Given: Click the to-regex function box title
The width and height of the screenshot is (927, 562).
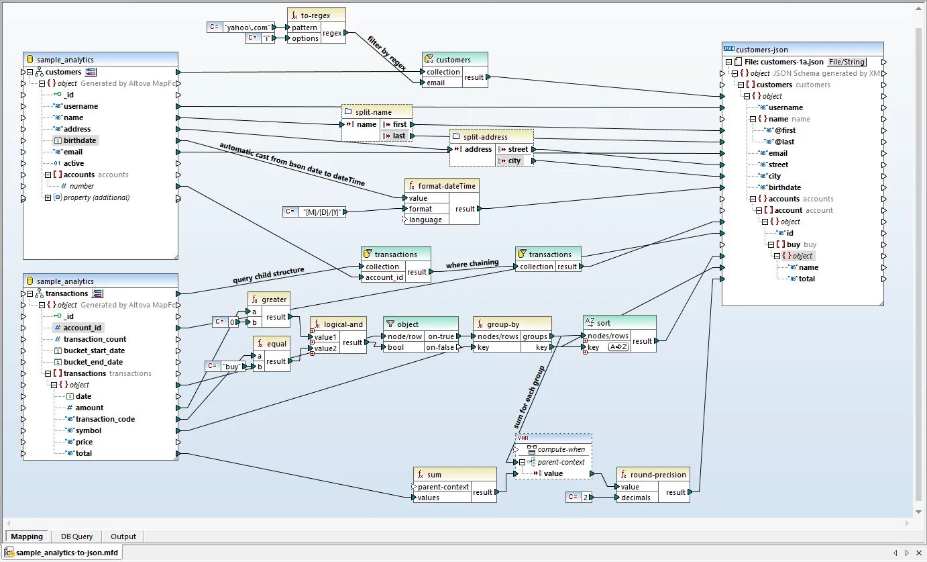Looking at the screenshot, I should click(315, 15).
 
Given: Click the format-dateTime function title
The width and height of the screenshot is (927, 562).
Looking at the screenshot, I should click(447, 185).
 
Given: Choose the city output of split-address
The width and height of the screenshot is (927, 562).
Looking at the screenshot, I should click(514, 160).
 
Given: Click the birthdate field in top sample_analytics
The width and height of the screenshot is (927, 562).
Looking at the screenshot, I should click(80, 140).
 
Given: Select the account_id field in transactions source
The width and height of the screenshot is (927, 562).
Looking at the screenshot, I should click(83, 328).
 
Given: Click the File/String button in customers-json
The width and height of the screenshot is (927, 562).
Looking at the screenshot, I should click(847, 62).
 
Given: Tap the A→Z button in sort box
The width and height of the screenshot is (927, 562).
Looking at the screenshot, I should click(618, 347).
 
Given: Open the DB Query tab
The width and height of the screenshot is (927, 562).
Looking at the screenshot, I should click(76, 536).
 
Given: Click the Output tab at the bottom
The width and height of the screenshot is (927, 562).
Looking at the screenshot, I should click(123, 536).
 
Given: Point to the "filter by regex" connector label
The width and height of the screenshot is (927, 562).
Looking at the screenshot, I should click(387, 52).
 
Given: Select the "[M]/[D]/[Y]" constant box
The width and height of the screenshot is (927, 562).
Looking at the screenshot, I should click(324, 212).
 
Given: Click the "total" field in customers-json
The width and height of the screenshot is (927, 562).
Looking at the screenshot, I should click(806, 279).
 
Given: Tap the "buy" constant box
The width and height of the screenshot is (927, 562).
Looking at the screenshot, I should click(230, 367).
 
